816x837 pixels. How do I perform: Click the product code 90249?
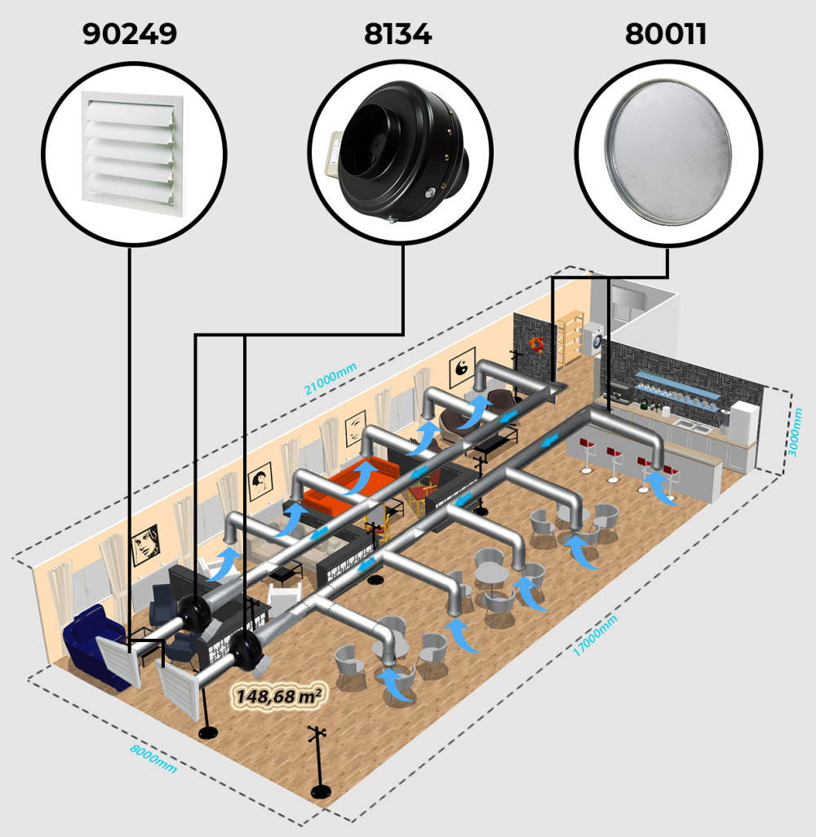tap(130, 33)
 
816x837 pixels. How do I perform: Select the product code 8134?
tap(398, 33)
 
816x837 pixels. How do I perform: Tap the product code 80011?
tap(666, 33)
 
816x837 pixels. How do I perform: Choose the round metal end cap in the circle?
tap(668, 152)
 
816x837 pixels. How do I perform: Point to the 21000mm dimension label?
tap(330, 379)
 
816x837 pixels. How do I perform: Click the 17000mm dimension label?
tap(595, 635)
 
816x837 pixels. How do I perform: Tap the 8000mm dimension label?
tap(153, 759)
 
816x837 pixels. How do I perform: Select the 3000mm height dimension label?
tap(795, 432)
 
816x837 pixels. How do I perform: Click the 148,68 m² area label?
tap(279, 696)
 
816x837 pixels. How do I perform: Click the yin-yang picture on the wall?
tap(462, 367)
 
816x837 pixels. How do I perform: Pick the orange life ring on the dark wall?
tap(536, 345)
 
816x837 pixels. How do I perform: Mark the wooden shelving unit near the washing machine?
tap(570, 336)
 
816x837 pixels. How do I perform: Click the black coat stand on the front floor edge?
tap(319, 764)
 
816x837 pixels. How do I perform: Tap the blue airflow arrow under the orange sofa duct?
tap(363, 476)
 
